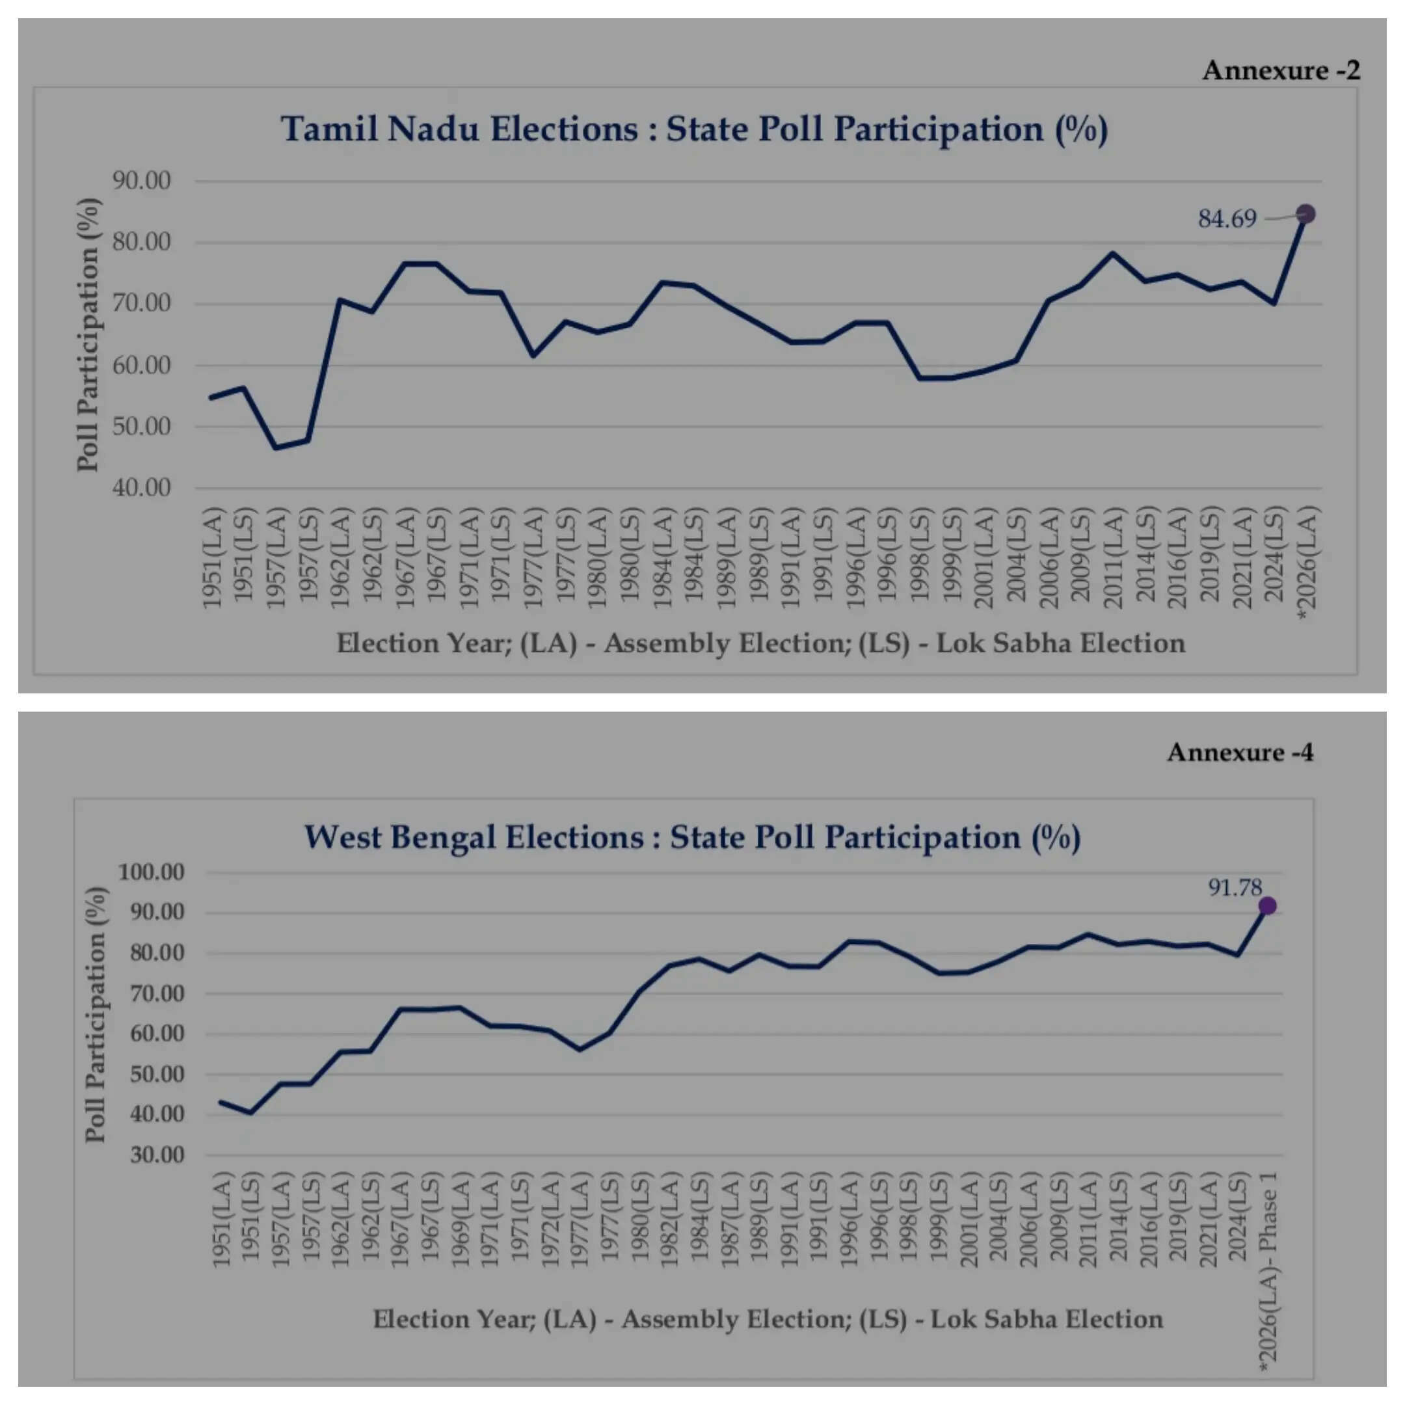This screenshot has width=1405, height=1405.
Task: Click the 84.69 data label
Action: (x=1227, y=218)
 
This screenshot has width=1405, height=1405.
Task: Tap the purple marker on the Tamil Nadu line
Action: (x=1305, y=214)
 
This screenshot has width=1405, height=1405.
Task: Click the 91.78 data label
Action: (x=1235, y=887)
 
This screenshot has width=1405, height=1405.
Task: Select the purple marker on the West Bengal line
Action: (x=1267, y=905)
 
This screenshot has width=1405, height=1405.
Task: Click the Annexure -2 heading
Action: (x=1281, y=70)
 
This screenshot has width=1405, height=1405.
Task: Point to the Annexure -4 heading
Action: (x=1240, y=752)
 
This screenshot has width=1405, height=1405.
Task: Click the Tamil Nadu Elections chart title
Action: (x=694, y=129)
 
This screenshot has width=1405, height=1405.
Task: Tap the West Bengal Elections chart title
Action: (x=691, y=837)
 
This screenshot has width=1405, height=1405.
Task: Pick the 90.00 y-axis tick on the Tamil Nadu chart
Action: (x=141, y=180)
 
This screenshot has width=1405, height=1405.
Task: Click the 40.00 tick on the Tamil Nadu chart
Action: (x=141, y=487)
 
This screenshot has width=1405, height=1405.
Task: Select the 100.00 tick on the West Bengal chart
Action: (x=152, y=872)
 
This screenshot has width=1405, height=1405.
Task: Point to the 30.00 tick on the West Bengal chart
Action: (x=156, y=1155)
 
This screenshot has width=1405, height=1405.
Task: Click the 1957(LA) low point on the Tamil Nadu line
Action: (x=276, y=448)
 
